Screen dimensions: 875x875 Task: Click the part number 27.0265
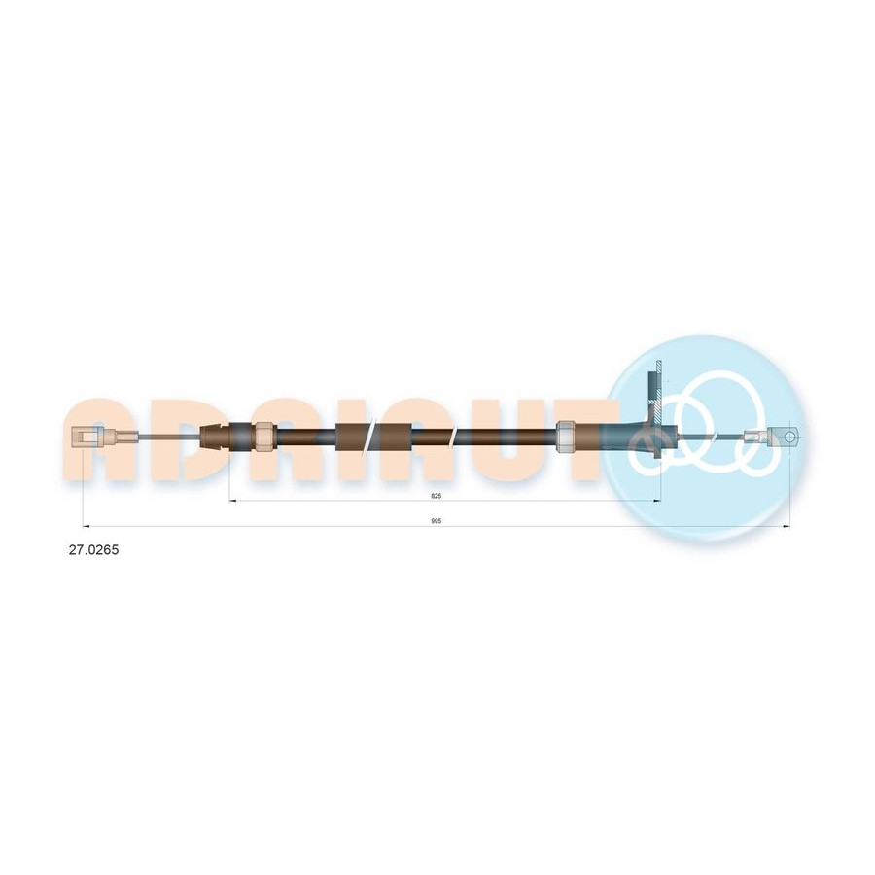coord(93,550)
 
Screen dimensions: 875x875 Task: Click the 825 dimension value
coord(437,496)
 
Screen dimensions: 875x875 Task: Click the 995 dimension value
coord(437,521)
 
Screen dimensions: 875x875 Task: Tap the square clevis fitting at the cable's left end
coord(88,436)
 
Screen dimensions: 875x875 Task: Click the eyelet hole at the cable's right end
coord(789,436)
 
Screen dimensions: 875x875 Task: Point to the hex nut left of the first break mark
coord(263,437)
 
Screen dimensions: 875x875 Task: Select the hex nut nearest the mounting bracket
coord(567,436)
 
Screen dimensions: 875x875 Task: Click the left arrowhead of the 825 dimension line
coord(233,501)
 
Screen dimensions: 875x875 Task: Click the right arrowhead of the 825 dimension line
coord(656,501)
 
